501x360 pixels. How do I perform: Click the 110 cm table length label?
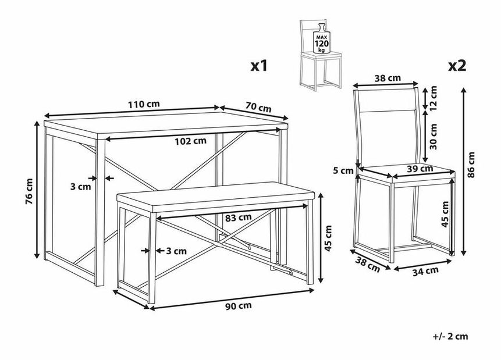144,104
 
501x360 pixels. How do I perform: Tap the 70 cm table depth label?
258,108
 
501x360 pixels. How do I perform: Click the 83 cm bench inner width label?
237,217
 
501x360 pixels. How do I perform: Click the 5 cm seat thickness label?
347,170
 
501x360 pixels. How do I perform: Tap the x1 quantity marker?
259,66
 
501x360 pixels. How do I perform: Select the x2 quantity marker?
457,66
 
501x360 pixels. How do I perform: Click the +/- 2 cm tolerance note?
450,336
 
